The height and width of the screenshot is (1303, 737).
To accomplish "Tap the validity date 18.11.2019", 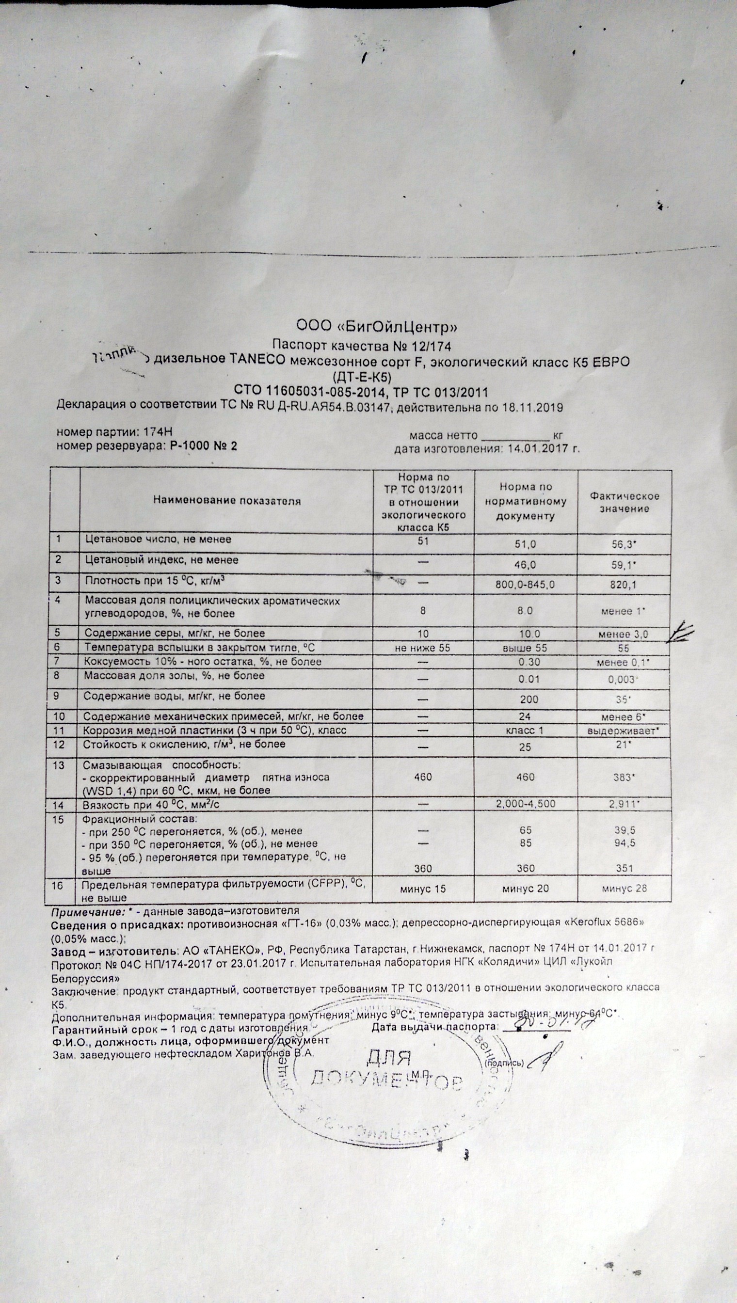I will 531,408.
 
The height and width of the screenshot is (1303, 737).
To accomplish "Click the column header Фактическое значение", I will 624,502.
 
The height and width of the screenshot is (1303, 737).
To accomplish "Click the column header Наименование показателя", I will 227,501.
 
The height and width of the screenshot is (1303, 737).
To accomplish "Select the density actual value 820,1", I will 624,585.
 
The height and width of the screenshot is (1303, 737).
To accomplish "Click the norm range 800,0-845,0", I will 525,585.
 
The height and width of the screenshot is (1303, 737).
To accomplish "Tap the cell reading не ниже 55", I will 423,648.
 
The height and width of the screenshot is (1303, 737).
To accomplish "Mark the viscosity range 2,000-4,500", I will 525,804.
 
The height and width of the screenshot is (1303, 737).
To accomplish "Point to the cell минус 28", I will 624,888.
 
